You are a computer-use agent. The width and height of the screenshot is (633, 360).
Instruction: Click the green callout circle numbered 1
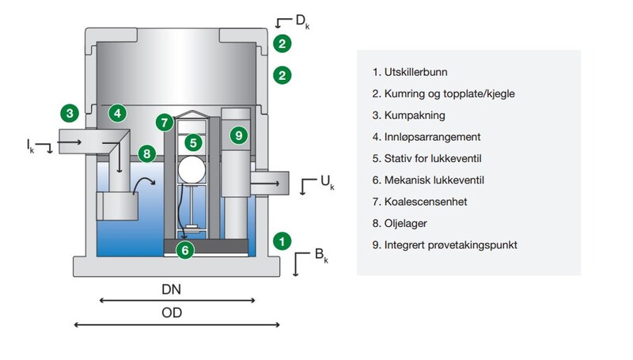pos(280,239)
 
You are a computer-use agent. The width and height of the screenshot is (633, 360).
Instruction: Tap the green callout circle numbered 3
pos(70,113)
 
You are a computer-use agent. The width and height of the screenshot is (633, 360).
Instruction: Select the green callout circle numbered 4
pos(117,113)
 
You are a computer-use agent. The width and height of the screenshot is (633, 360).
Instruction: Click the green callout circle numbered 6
pos(184,250)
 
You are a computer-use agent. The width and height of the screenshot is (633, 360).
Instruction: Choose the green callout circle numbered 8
pos(146,153)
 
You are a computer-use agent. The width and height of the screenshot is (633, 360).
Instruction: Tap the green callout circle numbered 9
pos(238,135)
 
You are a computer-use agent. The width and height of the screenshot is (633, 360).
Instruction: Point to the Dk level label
pos(301,20)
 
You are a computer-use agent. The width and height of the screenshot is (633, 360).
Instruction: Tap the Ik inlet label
pos(30,144)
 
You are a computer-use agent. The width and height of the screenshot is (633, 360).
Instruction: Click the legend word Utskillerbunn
pos(415,72)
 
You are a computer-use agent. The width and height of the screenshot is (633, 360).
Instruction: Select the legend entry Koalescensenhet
pos(426,202)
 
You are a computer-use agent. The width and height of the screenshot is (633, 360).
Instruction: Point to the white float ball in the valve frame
pos(191,169)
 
